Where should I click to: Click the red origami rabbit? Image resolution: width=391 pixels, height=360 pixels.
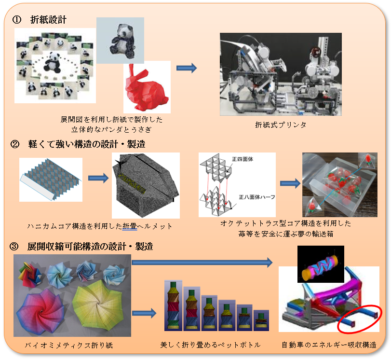(x=147, y=88)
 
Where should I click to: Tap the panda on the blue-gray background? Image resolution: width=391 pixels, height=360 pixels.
(x=122, y=41)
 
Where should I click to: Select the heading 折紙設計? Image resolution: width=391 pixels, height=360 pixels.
(x=48, y=20)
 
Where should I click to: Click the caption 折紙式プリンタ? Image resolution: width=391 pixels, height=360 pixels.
(x=281, y=125)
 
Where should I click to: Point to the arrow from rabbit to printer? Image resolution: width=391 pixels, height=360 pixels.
(x=187, y=68)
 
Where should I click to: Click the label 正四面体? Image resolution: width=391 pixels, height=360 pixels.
(x=243, y=159)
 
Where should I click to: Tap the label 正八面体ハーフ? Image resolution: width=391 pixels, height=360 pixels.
(x=257, y=197)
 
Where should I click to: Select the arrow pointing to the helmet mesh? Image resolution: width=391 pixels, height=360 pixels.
(x=98, y=178)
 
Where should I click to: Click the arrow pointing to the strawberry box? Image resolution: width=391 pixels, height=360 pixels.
(x=290, y=183)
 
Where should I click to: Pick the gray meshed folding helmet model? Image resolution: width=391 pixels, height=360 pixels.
(x=146, y=185)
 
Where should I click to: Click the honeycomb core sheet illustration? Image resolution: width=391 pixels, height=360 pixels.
(x=51, y=179)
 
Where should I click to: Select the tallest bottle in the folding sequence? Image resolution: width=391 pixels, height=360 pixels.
(x=173, y=305)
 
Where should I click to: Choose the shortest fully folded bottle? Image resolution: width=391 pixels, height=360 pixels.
(x=261, y=320)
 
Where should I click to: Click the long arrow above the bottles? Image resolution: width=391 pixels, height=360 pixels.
(x=202, y=263)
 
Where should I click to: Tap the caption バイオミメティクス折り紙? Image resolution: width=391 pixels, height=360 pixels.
(x=69, y=345)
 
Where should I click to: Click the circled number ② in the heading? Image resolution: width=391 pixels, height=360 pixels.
(x=15, y=144)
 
